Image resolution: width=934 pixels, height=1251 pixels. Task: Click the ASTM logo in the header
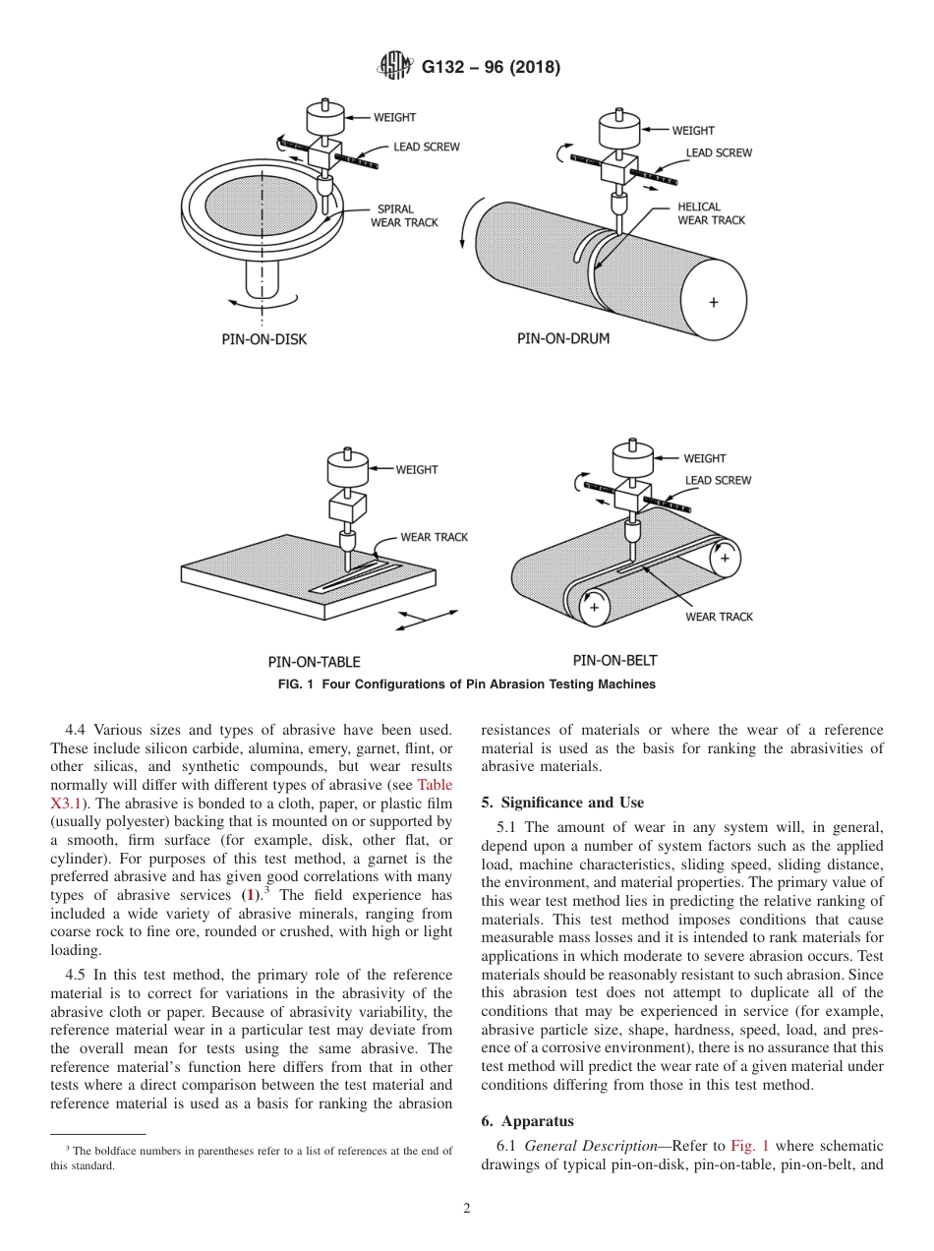click(396, 68)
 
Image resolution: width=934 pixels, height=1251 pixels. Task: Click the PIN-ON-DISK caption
click(263, 339)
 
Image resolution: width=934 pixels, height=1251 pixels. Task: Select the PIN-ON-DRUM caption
click(563, 338)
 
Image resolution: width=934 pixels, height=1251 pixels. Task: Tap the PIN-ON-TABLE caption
click(314, 661)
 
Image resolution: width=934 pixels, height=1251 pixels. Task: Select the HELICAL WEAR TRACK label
click(711, 213)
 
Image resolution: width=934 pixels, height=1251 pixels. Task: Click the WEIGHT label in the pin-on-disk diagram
click(394, 117)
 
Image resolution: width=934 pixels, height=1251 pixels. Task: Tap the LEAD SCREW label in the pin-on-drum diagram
click(719, 152)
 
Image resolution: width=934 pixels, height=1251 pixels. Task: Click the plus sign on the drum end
click(714, 303)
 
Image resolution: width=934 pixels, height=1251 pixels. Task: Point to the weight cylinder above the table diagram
click(347, 468)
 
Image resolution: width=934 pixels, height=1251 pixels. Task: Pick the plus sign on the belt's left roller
click(594, 607)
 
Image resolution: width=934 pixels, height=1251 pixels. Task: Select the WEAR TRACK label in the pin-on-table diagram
click(434, 537)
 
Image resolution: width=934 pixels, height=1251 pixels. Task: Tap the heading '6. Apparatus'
click(527, 1121)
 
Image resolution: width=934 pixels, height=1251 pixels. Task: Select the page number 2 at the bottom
click(467, 1209)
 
